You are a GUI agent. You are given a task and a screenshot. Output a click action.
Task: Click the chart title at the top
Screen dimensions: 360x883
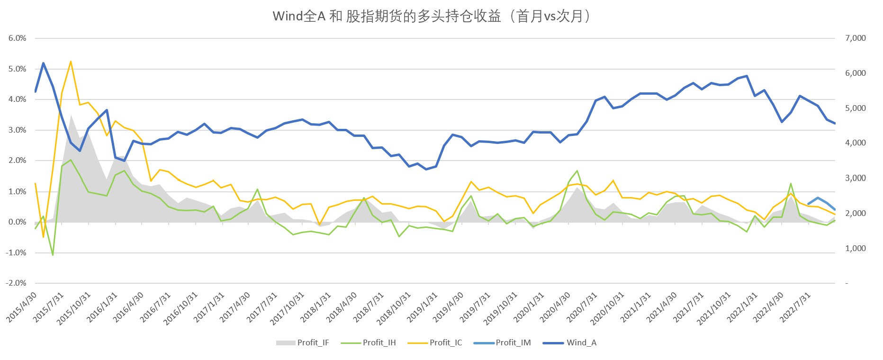pyautogui.click(x=432, y=17)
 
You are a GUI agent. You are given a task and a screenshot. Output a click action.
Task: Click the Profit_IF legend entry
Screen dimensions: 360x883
pyautogui.click(x=313, y=342)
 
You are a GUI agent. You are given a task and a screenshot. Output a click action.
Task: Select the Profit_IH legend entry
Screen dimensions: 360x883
pyautogui.click(x=379, y=342)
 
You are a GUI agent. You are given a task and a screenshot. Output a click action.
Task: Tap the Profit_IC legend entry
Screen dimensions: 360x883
pyautogui.click(x=445, y=342)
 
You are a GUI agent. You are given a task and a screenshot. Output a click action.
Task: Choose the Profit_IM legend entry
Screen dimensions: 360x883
pyautogui.click(x=513, y=342)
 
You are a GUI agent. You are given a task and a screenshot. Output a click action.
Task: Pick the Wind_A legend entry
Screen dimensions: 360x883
pyautogui.click(x=581, y=342)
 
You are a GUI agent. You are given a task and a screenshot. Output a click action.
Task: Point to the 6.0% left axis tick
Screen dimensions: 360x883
pyautogui.click(x=18, y=38)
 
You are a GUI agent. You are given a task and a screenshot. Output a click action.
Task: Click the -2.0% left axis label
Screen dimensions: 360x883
pyautogui.click(x=16, y=283)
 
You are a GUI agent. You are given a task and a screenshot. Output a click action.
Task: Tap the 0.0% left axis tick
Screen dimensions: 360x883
pyautogui.click(x=18, y=222)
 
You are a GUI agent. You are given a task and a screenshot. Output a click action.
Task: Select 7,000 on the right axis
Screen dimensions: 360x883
pyautogui.click(x=856, y=38)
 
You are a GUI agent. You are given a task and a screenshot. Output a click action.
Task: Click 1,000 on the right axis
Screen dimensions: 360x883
pyautogui.click(x=856, y=248)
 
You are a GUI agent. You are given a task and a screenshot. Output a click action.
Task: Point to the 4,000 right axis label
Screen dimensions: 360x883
pyautogui.click(x=856, y=143)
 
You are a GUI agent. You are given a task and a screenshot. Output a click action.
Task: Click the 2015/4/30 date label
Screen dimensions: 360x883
pyautogui.click(x=21, y=308)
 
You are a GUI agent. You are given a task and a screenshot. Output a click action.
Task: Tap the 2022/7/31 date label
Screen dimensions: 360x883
pyautogui.click(x=796, y=308)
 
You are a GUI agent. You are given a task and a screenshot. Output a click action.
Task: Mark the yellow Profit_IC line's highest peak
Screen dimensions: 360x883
pyautogui.click(x=71, y=61)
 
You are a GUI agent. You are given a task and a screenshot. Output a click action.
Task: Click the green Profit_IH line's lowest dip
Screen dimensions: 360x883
pyautogui.click(x=53, y=255)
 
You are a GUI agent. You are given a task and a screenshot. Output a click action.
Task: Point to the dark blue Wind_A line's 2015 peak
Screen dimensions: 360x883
pyautogui.click(x=44, y=63)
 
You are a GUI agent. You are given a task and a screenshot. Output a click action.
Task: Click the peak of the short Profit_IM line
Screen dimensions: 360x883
pyautogui.click(x=818, y=198)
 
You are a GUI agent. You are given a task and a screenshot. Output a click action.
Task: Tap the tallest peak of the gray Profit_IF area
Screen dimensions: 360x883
pyautogui.click(x=71, y=115)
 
